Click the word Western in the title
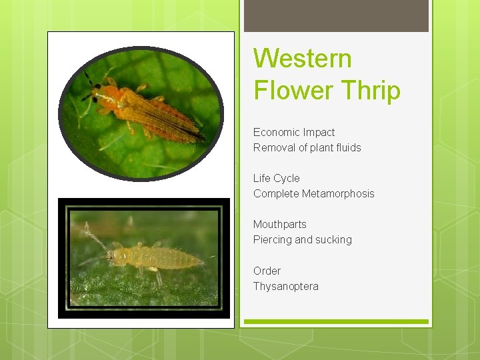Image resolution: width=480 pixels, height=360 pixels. point(302,59)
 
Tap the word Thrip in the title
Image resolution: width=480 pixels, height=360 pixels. point(368,89)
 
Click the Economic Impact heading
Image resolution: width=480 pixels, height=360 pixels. point(294,133)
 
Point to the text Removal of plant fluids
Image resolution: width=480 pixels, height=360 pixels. point(307,148)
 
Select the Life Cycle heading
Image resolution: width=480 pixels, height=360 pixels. point(276,179)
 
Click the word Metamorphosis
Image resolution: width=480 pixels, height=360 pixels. point(338,194)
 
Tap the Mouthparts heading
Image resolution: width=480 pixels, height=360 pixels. point(279,225)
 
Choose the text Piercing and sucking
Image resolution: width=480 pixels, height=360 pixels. point(302,240)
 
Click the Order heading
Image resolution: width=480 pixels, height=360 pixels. point(267,271)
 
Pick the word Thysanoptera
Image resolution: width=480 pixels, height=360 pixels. point(285,287)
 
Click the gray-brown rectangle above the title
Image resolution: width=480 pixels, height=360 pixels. point(336,15)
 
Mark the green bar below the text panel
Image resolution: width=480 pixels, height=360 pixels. point(336,322)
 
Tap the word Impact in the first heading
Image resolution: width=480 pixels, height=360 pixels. point(318,133)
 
